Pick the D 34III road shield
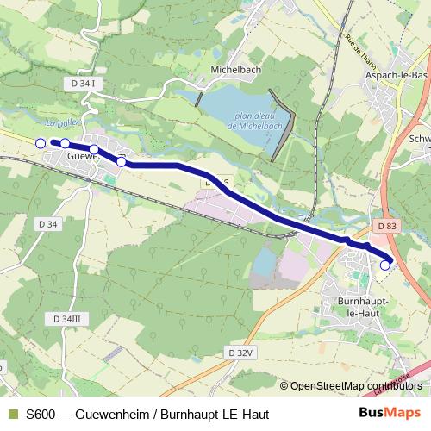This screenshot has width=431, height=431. [x=66, y=319]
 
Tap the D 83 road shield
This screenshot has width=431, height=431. [x=387, y=226]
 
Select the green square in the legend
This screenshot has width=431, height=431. [x=12, y=415]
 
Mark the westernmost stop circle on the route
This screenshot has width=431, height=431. [x=40, y=142]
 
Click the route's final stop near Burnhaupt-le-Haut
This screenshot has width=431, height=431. [x=385, y=266]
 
